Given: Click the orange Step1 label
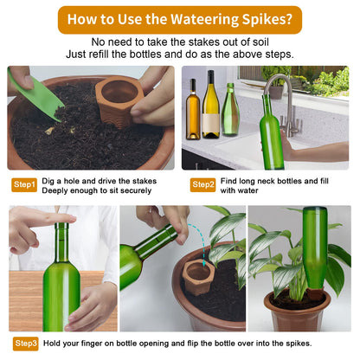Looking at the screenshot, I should coord(24,184).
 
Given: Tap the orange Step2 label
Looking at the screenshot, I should coord(203,184).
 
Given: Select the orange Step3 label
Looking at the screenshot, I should coord(26,344).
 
